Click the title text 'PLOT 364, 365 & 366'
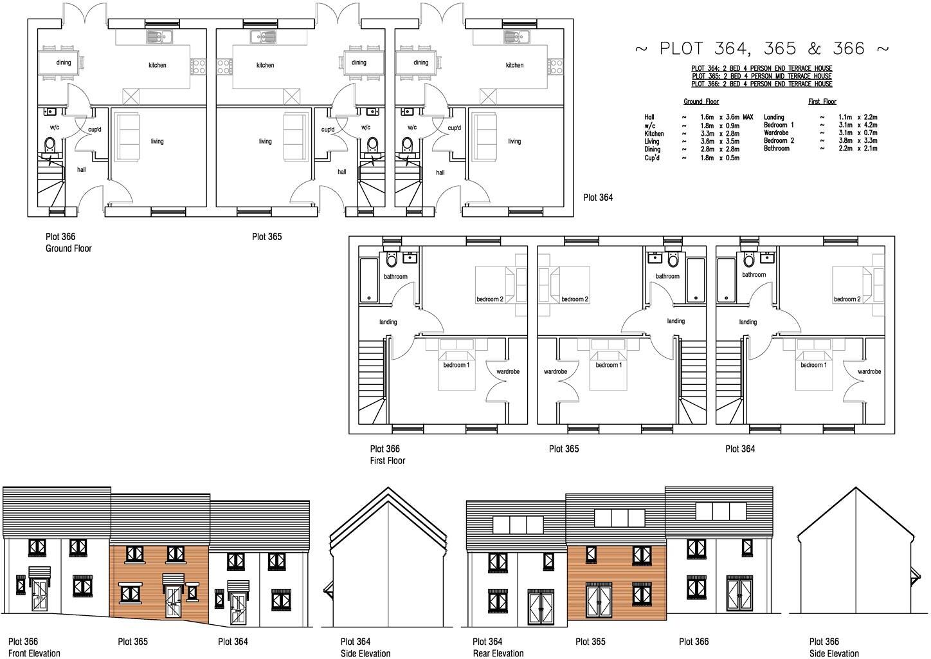pos(762,49)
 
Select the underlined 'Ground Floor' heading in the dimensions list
pos(701,102)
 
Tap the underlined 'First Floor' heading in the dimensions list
pos(822,102)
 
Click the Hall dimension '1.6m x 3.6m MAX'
pos(727,118)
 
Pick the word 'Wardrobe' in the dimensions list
pos(775,133)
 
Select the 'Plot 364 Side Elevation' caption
pos(365,647)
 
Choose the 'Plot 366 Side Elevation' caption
pos(833,647)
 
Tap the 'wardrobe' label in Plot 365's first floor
pos(555,372)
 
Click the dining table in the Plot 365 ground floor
pos(359,63)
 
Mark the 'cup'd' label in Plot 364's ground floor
pos(454,128)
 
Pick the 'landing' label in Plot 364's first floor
pos(748,322)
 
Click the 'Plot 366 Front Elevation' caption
pos(33,647)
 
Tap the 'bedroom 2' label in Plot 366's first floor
pos(490,299)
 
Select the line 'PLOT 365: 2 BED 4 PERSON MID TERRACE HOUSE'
pos(761,76)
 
